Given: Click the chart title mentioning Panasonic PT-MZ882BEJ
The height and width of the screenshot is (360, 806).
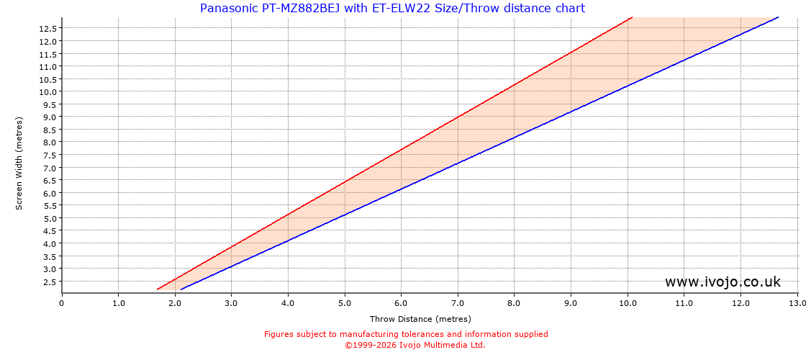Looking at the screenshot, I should [x=392, y=9].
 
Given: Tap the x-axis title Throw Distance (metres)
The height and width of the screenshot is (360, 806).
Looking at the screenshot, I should [x=420, y=319].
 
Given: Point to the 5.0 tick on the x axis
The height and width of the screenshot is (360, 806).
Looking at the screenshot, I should [x=345, y=303].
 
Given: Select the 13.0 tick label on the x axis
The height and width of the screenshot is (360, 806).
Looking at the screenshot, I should [x=797, y=303].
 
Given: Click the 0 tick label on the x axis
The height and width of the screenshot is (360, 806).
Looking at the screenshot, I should [x=62, y=303].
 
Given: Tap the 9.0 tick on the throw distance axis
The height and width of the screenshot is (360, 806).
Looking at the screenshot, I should [x=571, y=303].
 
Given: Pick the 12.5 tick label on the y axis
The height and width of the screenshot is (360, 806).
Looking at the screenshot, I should [x=49, y=29].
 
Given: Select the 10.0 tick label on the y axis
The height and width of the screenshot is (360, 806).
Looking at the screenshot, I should [x=49, y=91].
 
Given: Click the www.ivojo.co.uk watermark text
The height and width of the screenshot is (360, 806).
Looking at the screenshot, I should [x=723, y=282].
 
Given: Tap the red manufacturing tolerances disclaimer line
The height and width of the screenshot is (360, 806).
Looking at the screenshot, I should [x=406, y=334].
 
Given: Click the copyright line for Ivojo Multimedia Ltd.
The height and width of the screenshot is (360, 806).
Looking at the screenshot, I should [x=415, y=345].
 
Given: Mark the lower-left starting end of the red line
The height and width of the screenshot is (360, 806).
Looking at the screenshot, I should [x=158, y=289].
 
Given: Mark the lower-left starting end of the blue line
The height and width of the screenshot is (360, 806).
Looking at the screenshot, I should [x=181, y=289].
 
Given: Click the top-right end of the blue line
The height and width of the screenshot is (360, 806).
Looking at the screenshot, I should [x=778, y=17].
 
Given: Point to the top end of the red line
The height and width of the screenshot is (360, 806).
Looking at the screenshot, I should [x=631, y=17].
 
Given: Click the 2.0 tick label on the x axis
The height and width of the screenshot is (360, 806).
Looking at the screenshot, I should [x=175, y=303].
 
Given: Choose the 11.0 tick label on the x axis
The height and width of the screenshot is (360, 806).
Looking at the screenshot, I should [x=684, y=303].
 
